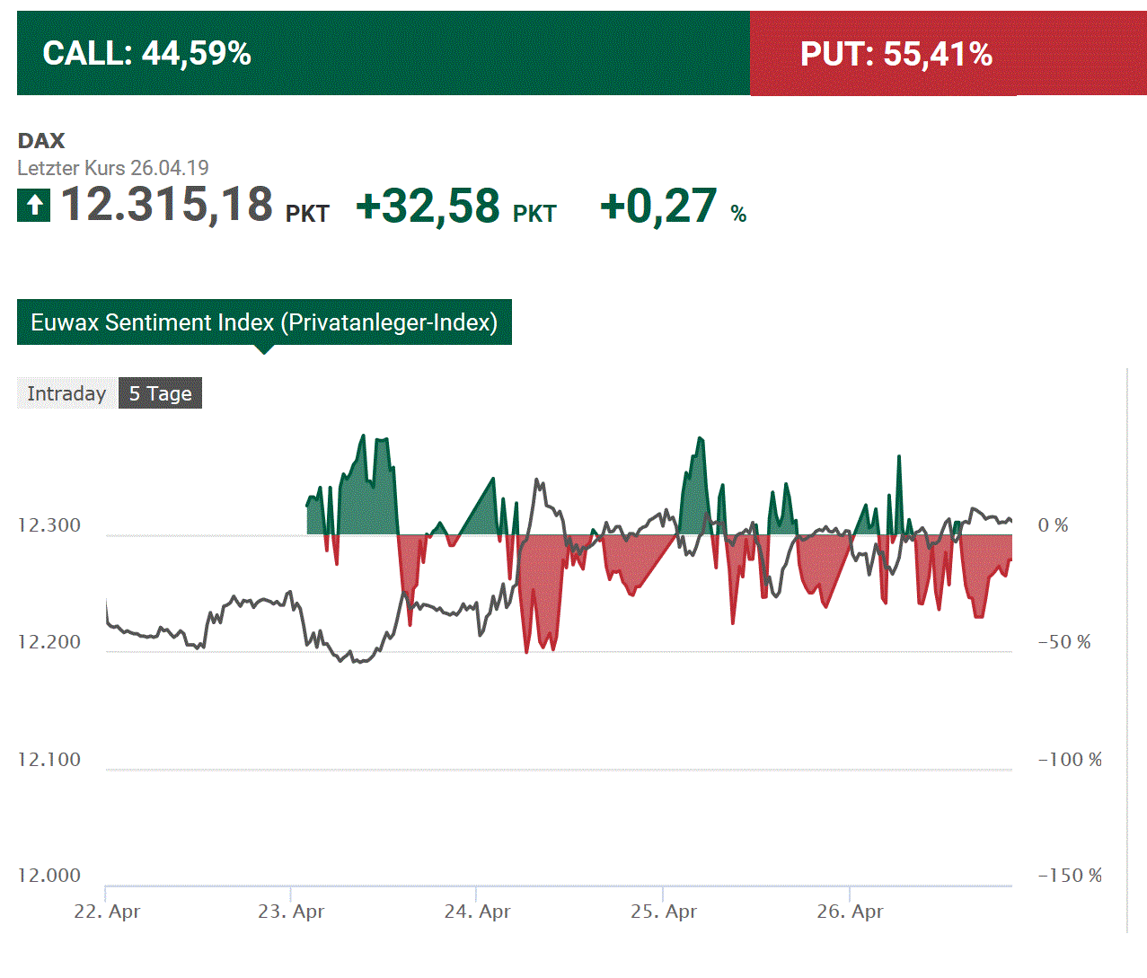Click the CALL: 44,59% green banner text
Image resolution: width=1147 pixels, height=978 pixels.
pos(146,54)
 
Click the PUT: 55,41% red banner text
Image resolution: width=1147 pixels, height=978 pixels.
pos(896,55)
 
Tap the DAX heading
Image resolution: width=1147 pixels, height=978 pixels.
pos(41,140)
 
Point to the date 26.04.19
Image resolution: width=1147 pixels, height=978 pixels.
pos(169,168)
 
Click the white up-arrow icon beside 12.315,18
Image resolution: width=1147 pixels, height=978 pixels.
pos(34,206)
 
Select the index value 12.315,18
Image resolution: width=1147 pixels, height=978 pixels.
pos(167,205)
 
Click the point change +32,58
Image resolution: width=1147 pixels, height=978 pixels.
pos(428,207)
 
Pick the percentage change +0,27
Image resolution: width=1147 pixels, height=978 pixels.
pos(658,207)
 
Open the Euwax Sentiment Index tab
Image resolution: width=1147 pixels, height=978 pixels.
pos(264,322)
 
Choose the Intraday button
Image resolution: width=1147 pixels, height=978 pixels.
pos(66,393)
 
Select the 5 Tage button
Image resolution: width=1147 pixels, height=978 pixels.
pos(160,393)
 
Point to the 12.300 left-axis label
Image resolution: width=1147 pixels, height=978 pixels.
pos(49,525)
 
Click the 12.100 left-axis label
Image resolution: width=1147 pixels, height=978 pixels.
pos(49,760)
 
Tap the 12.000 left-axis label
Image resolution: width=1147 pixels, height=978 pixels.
pos(49,876)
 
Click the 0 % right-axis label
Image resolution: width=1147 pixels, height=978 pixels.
pos(1053,525)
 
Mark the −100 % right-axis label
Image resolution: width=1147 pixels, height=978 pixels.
pos(1070,760)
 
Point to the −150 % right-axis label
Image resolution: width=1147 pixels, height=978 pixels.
pos(1070,876)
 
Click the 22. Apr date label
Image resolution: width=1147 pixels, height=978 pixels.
pos(107,912)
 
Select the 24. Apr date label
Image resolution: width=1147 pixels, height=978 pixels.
pos(477,912)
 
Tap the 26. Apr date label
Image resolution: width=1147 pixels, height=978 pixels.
pos(850,912)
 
